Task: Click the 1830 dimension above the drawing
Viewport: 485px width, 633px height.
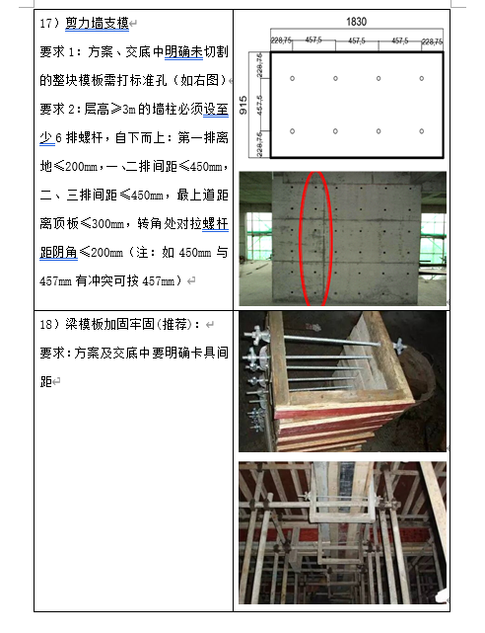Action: [x=357, y=22]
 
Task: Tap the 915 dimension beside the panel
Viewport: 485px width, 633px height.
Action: [x=243, y=105]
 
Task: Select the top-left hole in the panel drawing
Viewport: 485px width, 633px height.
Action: [x=293, y=78]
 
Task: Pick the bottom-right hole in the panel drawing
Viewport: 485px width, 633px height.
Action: [x=421, y=131]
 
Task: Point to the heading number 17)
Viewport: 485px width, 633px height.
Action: [x=49, y=23]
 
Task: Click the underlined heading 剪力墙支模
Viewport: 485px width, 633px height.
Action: [x=97, y=23]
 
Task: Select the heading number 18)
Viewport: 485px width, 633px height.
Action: [x=49, y=324]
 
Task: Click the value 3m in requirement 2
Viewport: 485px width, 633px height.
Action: [x=129, y=110]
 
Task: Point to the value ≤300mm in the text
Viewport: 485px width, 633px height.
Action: [x=103, y=223]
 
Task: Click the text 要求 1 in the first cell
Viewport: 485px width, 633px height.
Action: [x=57, y=52]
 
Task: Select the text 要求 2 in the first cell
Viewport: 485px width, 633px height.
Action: [x=57, y=110]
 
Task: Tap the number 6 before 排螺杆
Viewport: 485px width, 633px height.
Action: [x=58, y=138]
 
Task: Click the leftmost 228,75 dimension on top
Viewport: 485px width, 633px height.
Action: [x=281, y=40]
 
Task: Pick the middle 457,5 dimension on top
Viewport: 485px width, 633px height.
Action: [x=357, y=40]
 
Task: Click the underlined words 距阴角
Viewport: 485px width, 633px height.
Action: [x=58, y=253]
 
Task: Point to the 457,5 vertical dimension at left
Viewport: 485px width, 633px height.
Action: [x=259, y=105]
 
